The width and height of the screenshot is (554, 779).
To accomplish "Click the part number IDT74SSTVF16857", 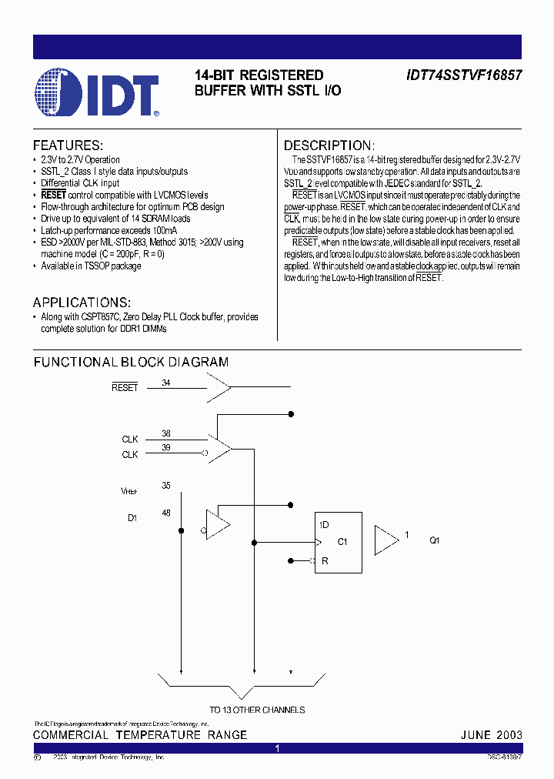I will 464,75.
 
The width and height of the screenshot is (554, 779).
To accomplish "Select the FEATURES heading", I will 68,145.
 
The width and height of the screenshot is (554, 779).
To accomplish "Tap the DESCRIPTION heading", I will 329,145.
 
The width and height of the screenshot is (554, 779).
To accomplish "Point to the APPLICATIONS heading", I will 82,303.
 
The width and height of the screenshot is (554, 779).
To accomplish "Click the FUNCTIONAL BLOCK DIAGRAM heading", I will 131,362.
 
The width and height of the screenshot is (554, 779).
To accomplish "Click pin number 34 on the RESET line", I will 166,383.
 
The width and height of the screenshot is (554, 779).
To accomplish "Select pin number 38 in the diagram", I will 166,433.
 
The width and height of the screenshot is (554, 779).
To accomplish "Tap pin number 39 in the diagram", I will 166,448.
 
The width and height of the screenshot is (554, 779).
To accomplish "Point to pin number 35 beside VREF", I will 166,486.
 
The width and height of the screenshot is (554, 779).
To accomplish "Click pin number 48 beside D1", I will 166,513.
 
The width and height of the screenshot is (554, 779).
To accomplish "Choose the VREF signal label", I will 129,491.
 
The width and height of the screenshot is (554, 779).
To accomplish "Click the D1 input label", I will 132,518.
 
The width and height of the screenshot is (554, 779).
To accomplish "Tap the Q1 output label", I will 434,540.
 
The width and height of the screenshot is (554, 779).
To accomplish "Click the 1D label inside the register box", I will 324,525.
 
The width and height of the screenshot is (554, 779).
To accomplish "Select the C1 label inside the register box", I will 342,541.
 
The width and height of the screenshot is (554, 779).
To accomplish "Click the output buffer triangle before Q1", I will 385,540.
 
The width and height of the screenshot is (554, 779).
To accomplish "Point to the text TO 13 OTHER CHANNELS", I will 257,710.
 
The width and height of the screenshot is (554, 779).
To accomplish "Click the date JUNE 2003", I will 491,735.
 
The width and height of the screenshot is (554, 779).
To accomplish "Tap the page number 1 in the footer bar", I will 277,748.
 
